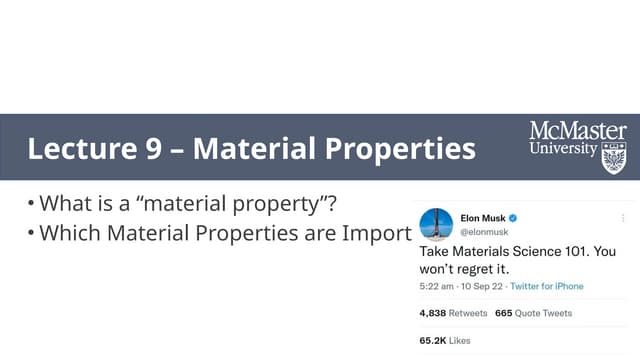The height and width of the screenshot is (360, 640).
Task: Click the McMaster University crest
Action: click(613, 156)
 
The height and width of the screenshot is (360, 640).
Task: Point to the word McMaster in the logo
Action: click(578, 131)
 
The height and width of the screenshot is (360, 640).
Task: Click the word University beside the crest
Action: click(563, 149)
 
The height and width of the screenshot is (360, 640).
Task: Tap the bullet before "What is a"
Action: click(31, 205)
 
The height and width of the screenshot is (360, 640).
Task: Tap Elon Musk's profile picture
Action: click(436, 224)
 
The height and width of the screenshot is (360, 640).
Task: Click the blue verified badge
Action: click(513, 217)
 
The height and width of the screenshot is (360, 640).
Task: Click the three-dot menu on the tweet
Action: click(622, 217)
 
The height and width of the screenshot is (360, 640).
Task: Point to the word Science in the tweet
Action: click(534, 251)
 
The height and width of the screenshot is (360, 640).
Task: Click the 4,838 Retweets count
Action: click(453, 313)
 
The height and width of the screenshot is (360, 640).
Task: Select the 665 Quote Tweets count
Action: click(533, 313)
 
